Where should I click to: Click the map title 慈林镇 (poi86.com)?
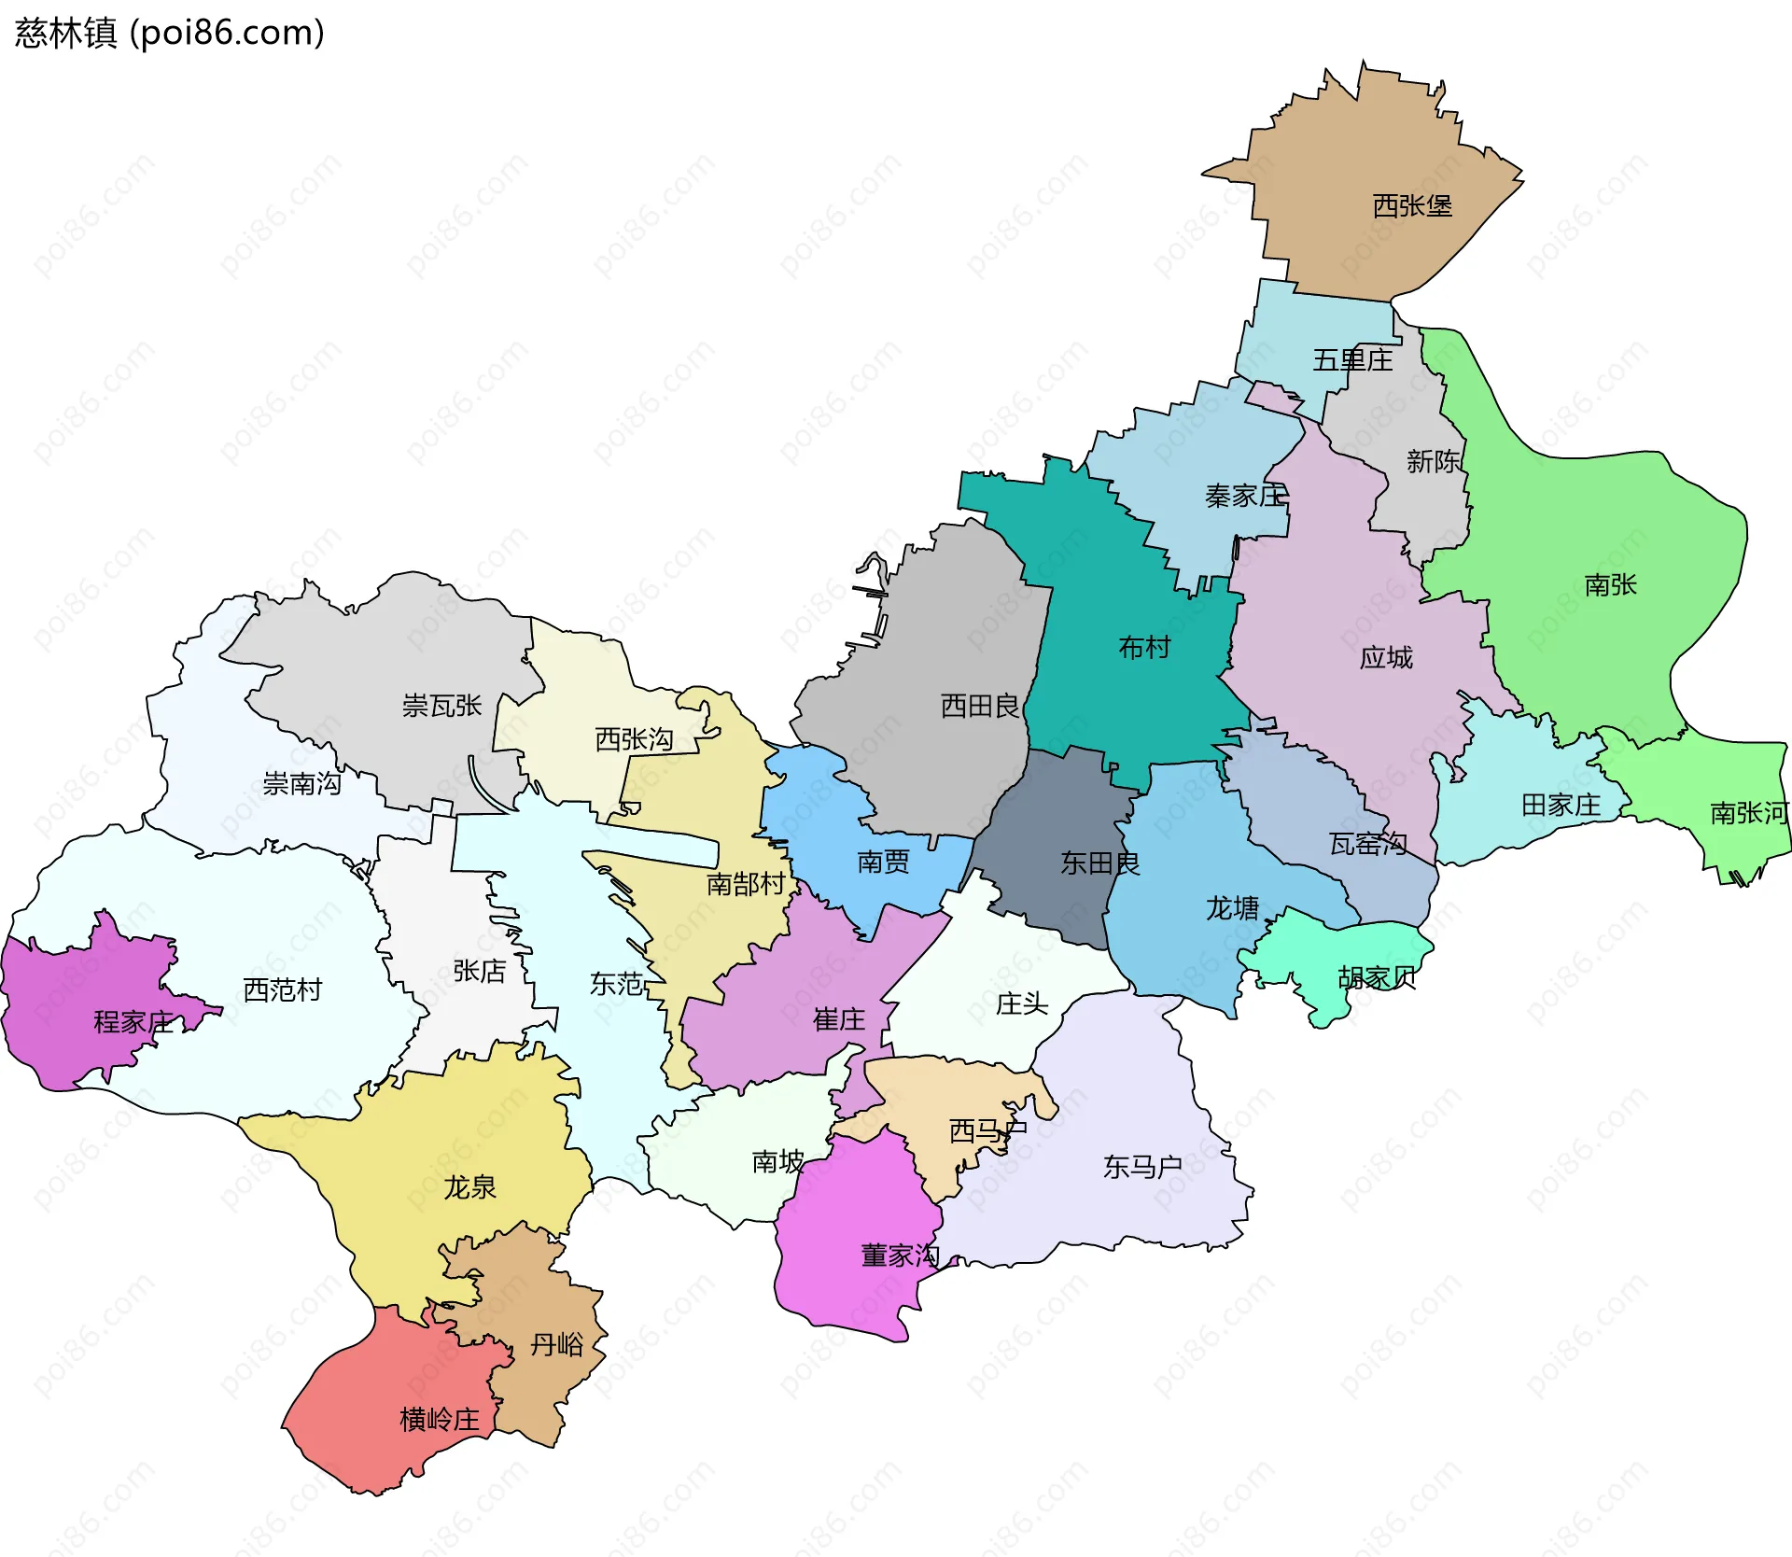pyautogui.click(x=169, y=33)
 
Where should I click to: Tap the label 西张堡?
pyautogui.click(x=1412, y=205)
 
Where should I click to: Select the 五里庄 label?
pyautogui.click(x=1352, y=359)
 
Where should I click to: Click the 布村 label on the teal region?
pyautogui.click(x=1144, y=647)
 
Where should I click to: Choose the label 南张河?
pyautogui.click(x=1748, y=813)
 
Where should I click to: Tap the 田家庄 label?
pyautogui.click(x=1561, y=805)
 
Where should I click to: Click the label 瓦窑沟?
pyautogui.click(x=1368, y=844)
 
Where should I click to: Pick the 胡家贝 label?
pyautogui.click(x=1377, y=977)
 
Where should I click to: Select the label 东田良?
pyautogui.click(x=1099, y=863)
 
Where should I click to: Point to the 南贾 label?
pyautogui.click(x=883, y=861)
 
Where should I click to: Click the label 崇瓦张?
pyautogui.click(x=441, y=705)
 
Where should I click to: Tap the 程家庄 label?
pyautogui.click(x=133, y=1022)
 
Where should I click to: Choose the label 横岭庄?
pyautogui.click(x=440, y=1420)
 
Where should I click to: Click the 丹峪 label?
pyautogui.click(x=556, y=1344)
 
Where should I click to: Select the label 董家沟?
pyautogui.click(x=900, y=1255)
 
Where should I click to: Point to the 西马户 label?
pyautogui.click(x=987, y=1131)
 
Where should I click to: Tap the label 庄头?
pyautogui.click(x=1022, y=1003)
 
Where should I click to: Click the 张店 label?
pyautogui.click(x=479, y=971)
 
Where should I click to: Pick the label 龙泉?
pyautogui.click(x=469, y=1187)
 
